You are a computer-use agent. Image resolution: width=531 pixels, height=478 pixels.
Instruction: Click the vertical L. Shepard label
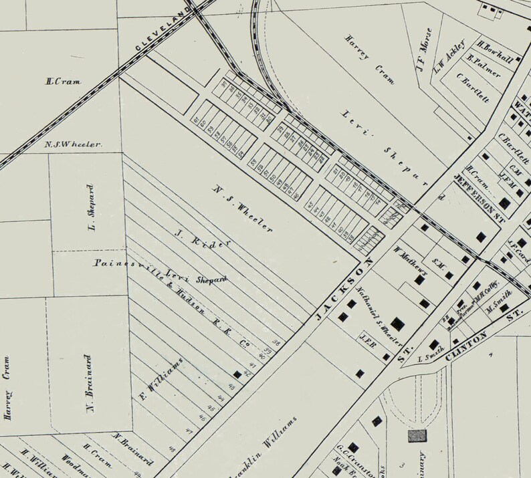coord(92,208)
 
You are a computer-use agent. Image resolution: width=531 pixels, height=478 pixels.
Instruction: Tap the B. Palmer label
coord(485,68)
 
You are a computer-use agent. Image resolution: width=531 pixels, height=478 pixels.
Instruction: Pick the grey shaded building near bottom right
coord(417,436)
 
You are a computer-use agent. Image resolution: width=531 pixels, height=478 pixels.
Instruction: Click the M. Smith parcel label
coord(500,297)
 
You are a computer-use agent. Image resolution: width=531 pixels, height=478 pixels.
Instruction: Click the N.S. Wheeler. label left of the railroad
coord(73,144)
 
